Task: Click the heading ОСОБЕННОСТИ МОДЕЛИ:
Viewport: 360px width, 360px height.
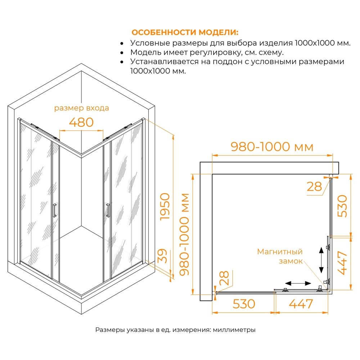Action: click(x=185, y=32)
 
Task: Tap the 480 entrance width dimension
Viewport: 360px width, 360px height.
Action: click(x=81, y=122)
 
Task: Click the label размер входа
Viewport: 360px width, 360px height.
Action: click(x=81, y=108)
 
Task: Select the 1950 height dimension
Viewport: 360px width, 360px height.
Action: click(x=165, y=207)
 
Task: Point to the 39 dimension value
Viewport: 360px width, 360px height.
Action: click(x=163, y=256)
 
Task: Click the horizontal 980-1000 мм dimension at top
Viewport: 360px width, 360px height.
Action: click(x=272, y=147)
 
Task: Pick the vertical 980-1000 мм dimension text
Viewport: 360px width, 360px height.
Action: click(x=184, y=234)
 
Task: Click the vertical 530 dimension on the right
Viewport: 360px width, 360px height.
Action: click(x=342, y=206)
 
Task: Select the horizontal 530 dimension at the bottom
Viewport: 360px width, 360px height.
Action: click(x=244, y=304)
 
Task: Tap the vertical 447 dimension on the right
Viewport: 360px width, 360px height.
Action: click(x=342, y=263)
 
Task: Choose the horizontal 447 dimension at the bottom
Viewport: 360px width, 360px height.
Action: click(x=301, y=304)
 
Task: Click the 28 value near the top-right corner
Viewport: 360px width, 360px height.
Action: click(x=314, y=186)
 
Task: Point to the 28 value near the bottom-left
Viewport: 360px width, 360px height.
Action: click(x=224, y=278)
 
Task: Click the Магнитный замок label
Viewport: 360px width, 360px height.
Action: click(x=280, y=256)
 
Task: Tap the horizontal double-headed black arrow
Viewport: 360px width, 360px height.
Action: click(x=298, y=283)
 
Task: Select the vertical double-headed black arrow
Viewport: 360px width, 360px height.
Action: click(x=321, y=260)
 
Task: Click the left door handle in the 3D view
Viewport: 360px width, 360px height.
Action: click(x=55, y=210)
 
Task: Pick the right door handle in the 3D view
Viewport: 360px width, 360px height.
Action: click(x=108, y=210)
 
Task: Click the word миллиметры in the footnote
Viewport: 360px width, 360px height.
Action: click(x=234, y=330)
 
